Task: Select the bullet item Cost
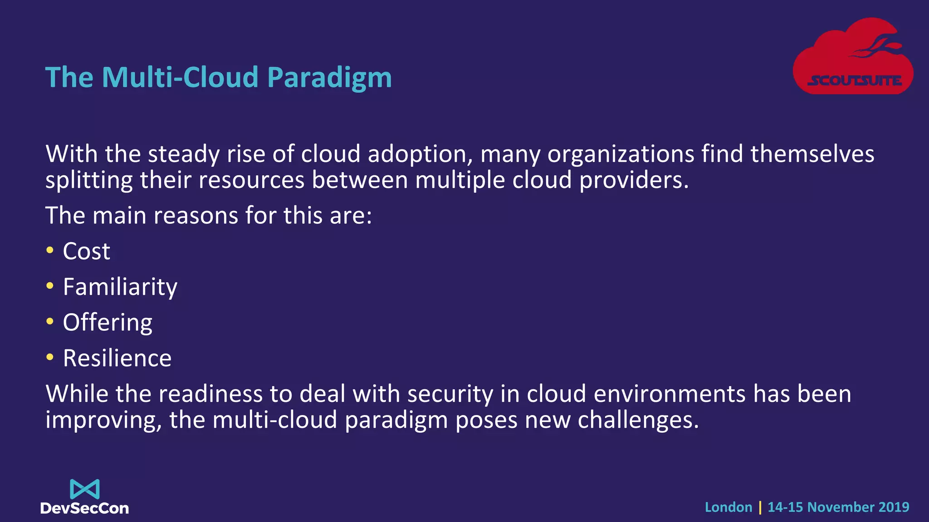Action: (x=86, y=251)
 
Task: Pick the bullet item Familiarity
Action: (x=120, y=287)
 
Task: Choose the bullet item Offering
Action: (x=108, y=323)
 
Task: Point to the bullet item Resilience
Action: (x=117, y=358)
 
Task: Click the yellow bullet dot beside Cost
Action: (x=50, y=250)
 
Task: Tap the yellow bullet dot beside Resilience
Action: (x=50, y=357)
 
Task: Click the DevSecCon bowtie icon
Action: (x=85, y=489)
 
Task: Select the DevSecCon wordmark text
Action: (x=85, y=508)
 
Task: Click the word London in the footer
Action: (x=729, y=507)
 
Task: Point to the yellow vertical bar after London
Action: (x=760, y=507)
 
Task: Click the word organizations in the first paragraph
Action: (x=621, y=155)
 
